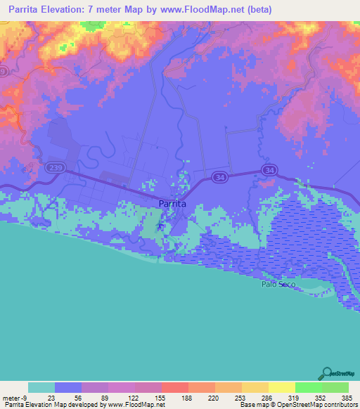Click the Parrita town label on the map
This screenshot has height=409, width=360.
(173, 203)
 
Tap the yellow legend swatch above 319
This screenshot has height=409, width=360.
(282, 387)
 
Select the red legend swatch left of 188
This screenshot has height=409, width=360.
(175, 387)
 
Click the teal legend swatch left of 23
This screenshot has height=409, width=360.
(41, 387)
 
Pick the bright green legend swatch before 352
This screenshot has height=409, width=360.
(309, 387)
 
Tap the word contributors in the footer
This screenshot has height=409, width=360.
(336, 405)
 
